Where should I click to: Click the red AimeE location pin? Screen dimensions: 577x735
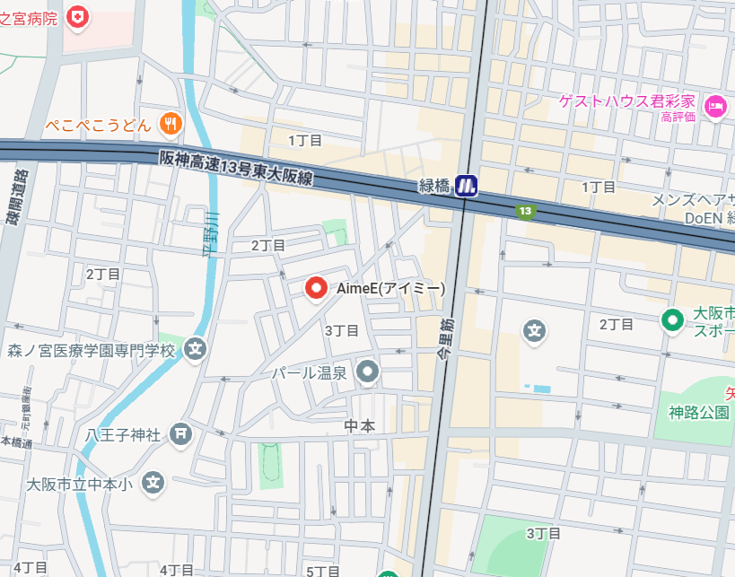pos(316,288)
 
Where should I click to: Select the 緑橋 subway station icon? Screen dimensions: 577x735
pos(466,186)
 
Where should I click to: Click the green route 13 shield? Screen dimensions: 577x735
pos(526,211)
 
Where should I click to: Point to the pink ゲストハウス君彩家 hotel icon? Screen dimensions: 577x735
pos(715,105)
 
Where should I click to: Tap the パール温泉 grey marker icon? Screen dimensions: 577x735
pos(367,371)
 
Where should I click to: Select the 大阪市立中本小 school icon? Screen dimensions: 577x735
pos(154,483)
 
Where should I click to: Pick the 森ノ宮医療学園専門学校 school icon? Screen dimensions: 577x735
pos(197,349)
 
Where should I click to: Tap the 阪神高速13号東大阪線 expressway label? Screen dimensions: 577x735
pos(236,167)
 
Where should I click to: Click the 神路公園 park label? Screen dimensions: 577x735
pos(698,413)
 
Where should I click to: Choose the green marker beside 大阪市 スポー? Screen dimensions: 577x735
pos(671,319)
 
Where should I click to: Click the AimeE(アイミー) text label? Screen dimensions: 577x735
pos(389,289)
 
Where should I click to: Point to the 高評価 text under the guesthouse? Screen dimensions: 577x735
pos(678,117)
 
